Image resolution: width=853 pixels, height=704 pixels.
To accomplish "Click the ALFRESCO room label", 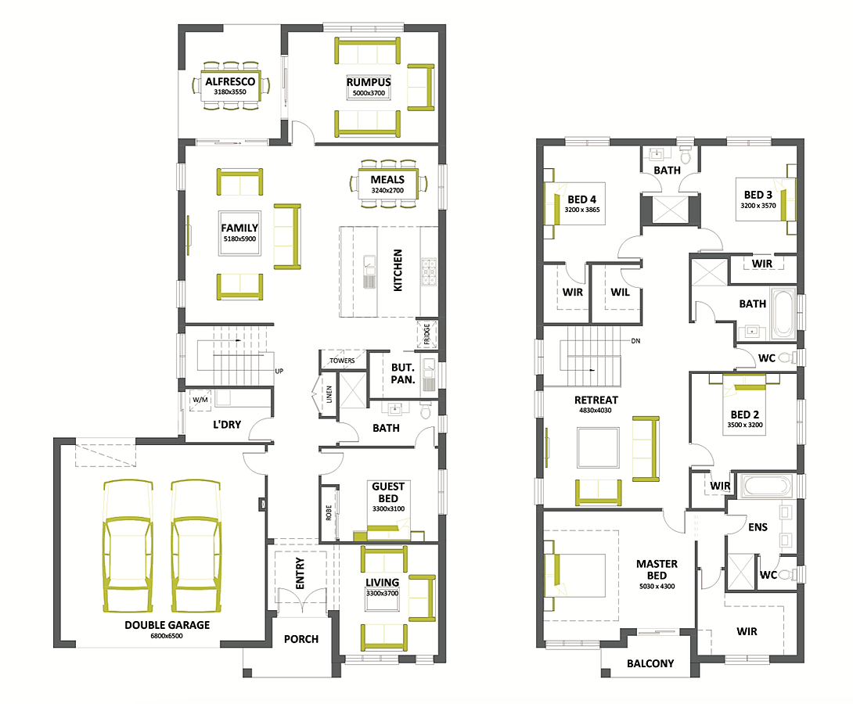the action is click(230, 81).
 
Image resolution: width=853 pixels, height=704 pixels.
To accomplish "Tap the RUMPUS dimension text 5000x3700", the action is click(369, 93).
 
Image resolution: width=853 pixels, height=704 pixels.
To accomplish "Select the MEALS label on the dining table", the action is click(387, 179).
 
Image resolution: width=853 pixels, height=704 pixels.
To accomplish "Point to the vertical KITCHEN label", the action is click(398, 270).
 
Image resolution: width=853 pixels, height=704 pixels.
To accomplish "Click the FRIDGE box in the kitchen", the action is click(427, 334).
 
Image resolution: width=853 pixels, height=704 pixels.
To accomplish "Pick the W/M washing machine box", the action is click(200, 400).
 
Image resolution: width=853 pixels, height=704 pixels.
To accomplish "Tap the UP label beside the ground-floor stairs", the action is click(279, 372).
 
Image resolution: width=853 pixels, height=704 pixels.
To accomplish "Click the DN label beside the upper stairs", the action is click(635, 341).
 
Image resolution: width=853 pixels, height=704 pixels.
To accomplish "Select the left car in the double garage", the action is click(128, 546).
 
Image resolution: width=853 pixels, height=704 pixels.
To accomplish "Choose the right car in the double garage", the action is click(196, 546).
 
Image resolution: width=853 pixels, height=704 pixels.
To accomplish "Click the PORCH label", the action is click(301, 639).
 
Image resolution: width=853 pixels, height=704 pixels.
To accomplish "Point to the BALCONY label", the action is click(650, 664).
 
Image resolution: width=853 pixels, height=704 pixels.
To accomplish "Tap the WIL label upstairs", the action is click(620, 293).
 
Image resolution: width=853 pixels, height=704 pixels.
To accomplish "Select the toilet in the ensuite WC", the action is click(788, 574).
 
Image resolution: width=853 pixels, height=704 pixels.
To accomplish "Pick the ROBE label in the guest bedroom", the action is click(329, 512).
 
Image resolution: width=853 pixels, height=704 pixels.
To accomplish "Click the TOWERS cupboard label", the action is click(342, 361).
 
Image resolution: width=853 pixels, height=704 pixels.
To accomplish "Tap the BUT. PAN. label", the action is click(403, 374).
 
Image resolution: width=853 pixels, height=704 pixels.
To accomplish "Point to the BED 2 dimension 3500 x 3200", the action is click(745, 425).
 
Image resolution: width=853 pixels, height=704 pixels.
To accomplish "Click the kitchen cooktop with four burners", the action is click(429, 271).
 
